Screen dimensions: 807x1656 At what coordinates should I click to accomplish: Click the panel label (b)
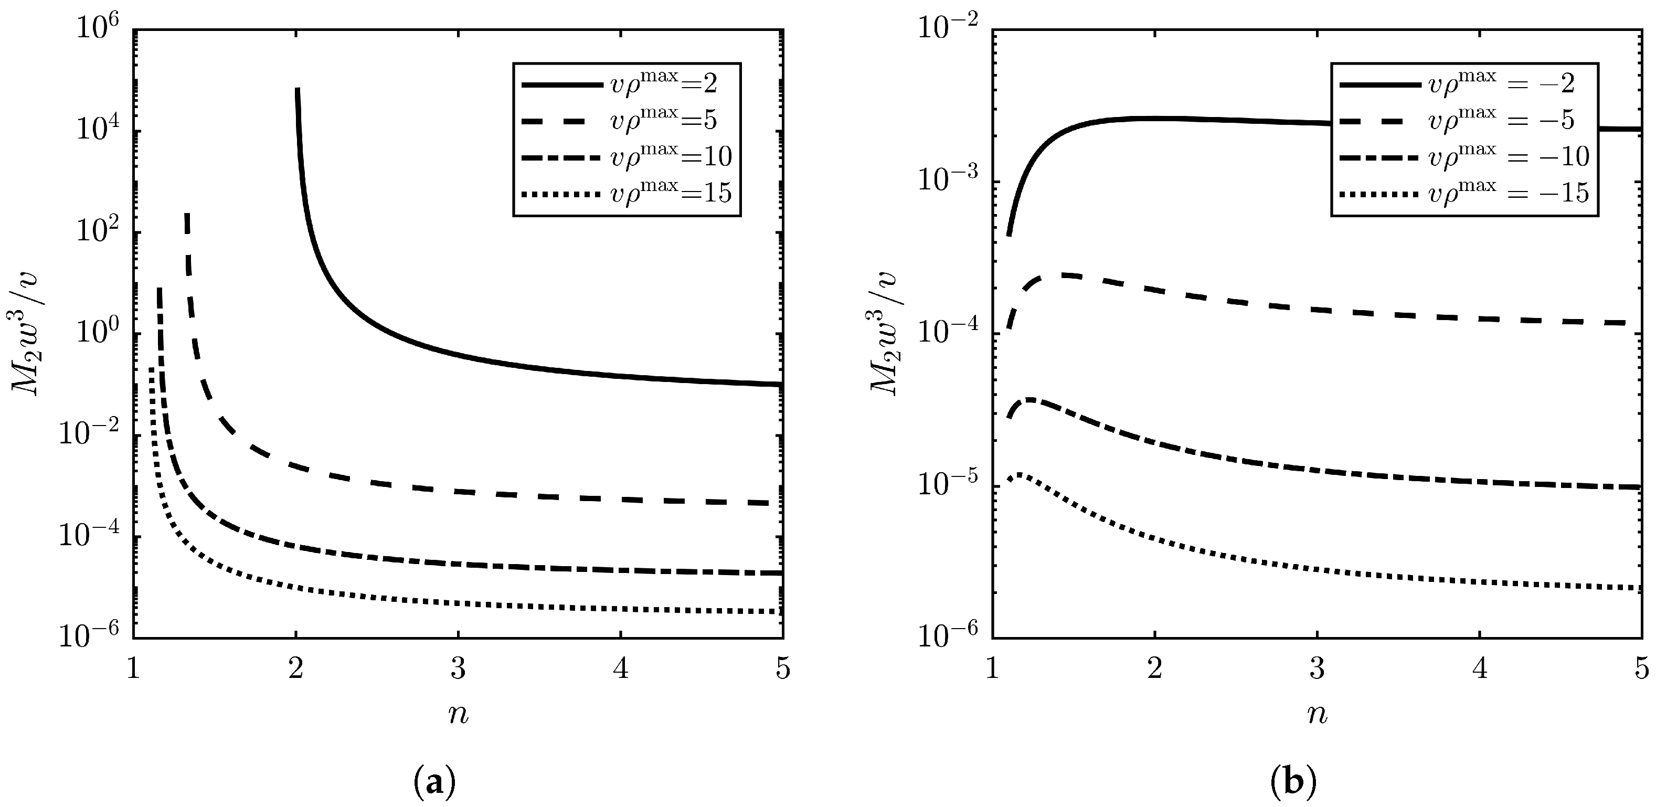1293,782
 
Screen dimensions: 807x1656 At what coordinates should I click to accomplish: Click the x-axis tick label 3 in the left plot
458,670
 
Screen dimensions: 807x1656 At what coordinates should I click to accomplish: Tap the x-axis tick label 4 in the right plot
1480,670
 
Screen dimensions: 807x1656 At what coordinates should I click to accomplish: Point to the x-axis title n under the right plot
1317,715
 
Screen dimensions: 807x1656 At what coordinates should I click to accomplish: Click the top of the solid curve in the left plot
298,90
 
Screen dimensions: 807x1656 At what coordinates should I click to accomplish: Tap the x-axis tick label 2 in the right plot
1155,670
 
